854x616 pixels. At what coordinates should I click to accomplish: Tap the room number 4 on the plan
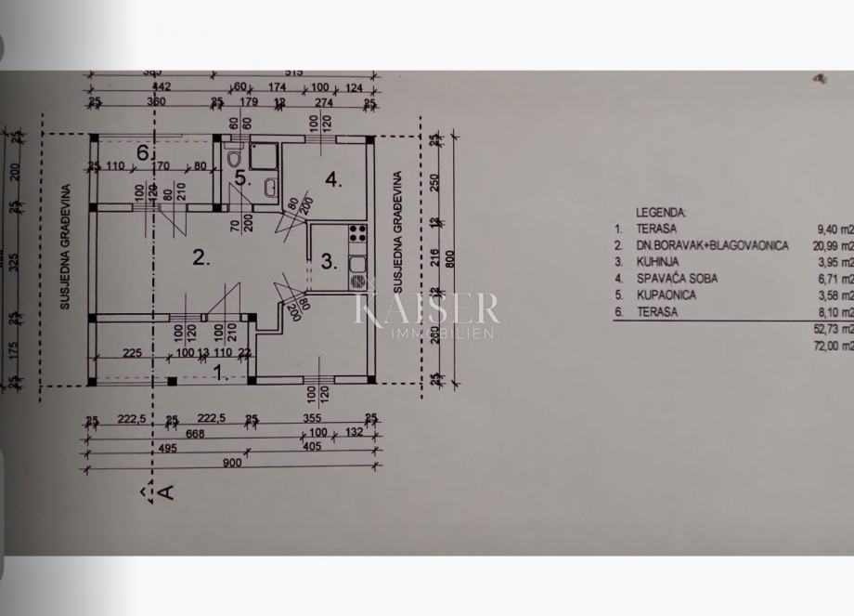(x=332, y=179)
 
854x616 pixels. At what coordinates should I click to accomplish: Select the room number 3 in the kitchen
(x=327, y=261)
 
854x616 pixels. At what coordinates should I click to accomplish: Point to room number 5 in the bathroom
(x=240, y=178)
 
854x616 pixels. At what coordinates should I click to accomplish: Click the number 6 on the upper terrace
(x=143, y=151)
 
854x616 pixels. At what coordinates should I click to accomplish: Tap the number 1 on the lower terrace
(x=219, y=374)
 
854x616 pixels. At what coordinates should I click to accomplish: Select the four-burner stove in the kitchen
(x=357, y=238)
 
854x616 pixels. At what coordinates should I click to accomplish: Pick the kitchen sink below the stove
(x=357, y=271)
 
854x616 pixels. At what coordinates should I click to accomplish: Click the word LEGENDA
(x=661, y=211)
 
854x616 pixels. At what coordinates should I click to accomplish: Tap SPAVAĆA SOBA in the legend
(x=676, y=278)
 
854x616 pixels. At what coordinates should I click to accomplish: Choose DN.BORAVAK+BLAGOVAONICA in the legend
(x=712, y=245)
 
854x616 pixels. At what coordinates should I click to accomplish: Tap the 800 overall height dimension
(x=451, y=261)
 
